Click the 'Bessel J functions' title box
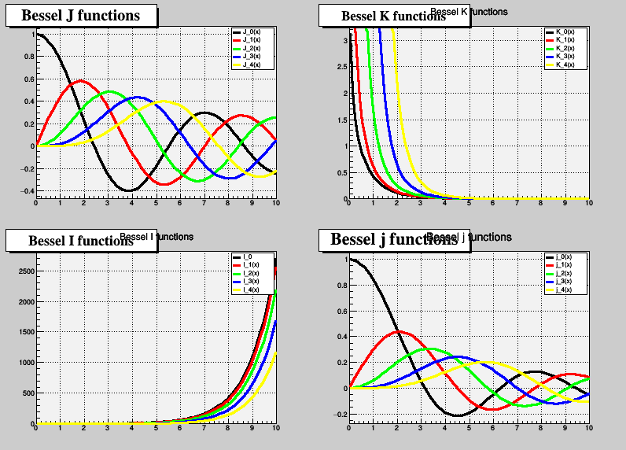click(x=80, y=16)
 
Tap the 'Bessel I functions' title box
click(x=80, y=240)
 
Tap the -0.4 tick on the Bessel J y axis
click(x=26, y=191)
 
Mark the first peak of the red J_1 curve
click(x=80, y=80)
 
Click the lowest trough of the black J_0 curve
click(x=128, y=190)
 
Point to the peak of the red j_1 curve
click(x=398, y=331)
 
